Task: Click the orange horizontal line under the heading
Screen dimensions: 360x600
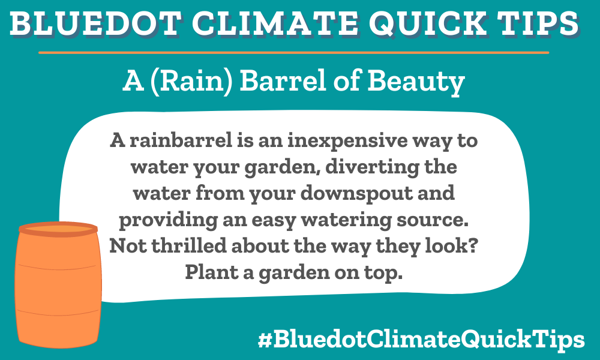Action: (294, 53)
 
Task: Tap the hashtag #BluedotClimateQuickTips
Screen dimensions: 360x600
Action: (421, 340)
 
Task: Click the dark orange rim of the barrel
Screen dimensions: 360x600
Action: (58, 229)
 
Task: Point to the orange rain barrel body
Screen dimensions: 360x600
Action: (58, 288)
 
